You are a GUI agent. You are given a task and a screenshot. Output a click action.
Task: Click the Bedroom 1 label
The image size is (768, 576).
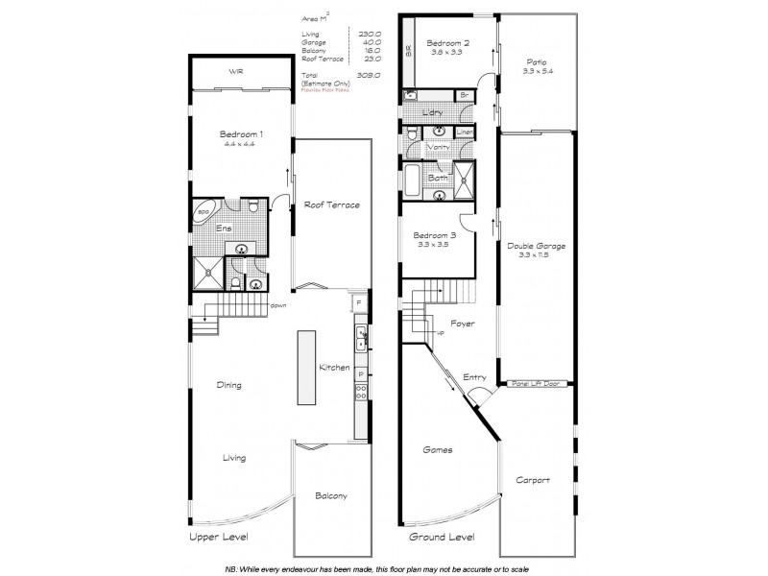pos(235,133)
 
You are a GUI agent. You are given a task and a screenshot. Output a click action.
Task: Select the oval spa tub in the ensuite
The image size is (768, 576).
pos(206,213)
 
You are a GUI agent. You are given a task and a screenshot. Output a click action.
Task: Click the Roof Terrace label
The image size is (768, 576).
pos(331,205)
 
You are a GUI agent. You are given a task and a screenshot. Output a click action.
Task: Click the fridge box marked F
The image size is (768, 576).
pos(359,303)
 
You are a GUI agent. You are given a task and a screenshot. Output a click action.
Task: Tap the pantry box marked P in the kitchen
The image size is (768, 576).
pos(359,373)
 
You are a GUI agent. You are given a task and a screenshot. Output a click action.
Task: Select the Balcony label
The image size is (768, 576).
pos(330,495)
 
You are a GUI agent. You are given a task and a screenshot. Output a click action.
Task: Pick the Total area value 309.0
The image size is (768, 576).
pos(370,74)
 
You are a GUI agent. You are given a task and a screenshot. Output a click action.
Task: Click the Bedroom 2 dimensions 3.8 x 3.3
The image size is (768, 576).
pos(446,53)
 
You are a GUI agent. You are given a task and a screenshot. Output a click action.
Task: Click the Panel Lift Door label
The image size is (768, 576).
pos(538,383)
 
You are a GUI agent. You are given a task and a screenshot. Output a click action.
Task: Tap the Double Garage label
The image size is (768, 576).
pos(536,246)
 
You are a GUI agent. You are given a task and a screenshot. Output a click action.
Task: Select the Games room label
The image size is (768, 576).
pos(437,449)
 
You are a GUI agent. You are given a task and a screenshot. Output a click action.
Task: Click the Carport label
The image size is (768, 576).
pos(533,480)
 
